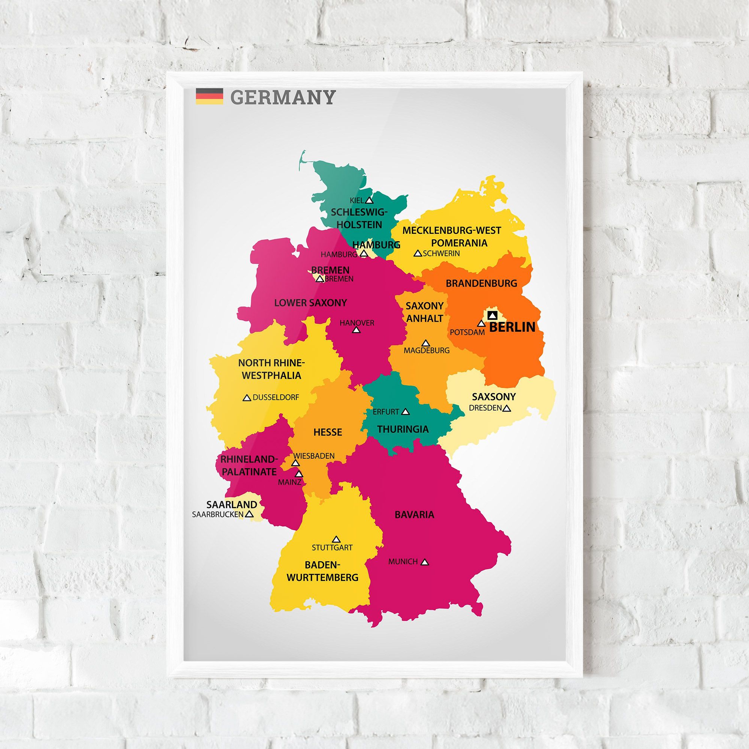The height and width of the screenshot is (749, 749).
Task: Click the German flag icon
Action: pos(209,96)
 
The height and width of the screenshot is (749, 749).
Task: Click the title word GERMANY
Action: pos(282,97)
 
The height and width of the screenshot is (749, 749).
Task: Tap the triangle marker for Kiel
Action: pos(369,200)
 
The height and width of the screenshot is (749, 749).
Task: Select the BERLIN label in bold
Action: pos(512,327)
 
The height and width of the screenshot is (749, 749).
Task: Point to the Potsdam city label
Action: pos(467,332)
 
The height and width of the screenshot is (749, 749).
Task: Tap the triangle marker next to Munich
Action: pos(425,562)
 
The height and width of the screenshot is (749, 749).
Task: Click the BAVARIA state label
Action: pos(415,515)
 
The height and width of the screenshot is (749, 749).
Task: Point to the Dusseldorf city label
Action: pos(276,397)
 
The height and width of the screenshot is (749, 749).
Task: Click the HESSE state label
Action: pos(328,432)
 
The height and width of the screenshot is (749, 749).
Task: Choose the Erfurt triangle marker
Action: pos(406,412)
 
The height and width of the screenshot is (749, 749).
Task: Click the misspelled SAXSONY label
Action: pos(494,397)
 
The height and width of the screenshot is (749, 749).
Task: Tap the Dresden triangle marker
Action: pos(506,408)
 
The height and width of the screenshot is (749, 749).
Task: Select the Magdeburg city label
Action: pos(427,351)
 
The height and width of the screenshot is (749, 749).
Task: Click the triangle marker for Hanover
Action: pos(356,330)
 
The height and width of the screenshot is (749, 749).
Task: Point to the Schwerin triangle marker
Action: pos(418,254)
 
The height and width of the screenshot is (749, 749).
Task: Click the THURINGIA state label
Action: pos(403,429)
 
